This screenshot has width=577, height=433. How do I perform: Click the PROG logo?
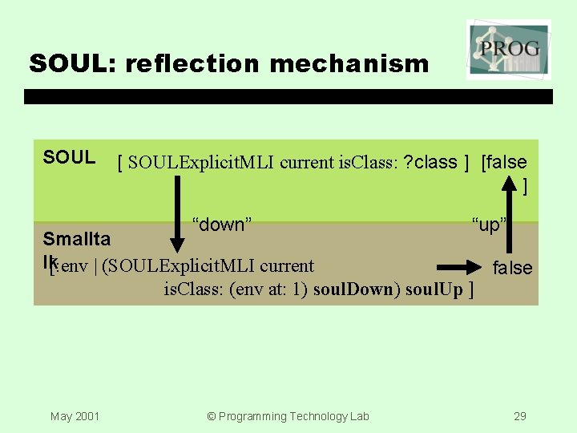coord(508,50)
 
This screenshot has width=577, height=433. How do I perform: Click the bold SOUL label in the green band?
coord(69,158)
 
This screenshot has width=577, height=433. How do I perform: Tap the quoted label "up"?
coord(487,225)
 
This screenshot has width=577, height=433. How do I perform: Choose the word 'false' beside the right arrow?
coord(512,268)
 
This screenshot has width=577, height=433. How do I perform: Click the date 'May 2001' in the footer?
coord(75,415)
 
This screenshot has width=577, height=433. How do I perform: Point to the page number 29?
coord(520,415)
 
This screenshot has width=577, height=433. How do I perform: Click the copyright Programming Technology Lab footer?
coord(288,415)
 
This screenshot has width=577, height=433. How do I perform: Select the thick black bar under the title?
coord(288,96)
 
